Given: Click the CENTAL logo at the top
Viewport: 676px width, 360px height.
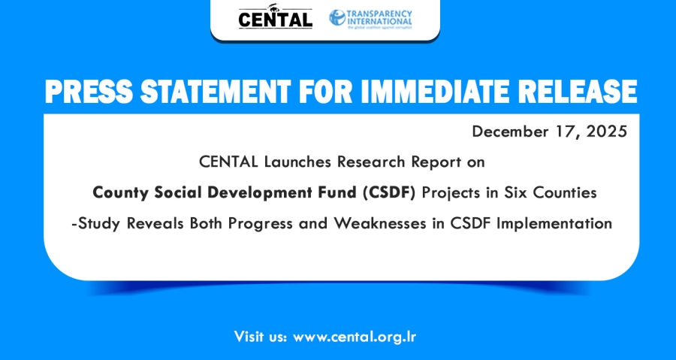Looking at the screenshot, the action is point(276,17).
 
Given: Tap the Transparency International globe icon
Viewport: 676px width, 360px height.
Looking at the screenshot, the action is point(337,18).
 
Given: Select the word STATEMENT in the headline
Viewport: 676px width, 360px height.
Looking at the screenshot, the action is point(215,92).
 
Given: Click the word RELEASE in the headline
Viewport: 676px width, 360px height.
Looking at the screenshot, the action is point(575,92).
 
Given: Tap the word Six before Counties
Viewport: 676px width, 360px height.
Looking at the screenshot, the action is point(517,192).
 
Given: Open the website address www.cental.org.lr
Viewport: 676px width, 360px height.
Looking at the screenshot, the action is point(355,337).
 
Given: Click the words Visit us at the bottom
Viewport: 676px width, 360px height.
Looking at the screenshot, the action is point(261,336).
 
